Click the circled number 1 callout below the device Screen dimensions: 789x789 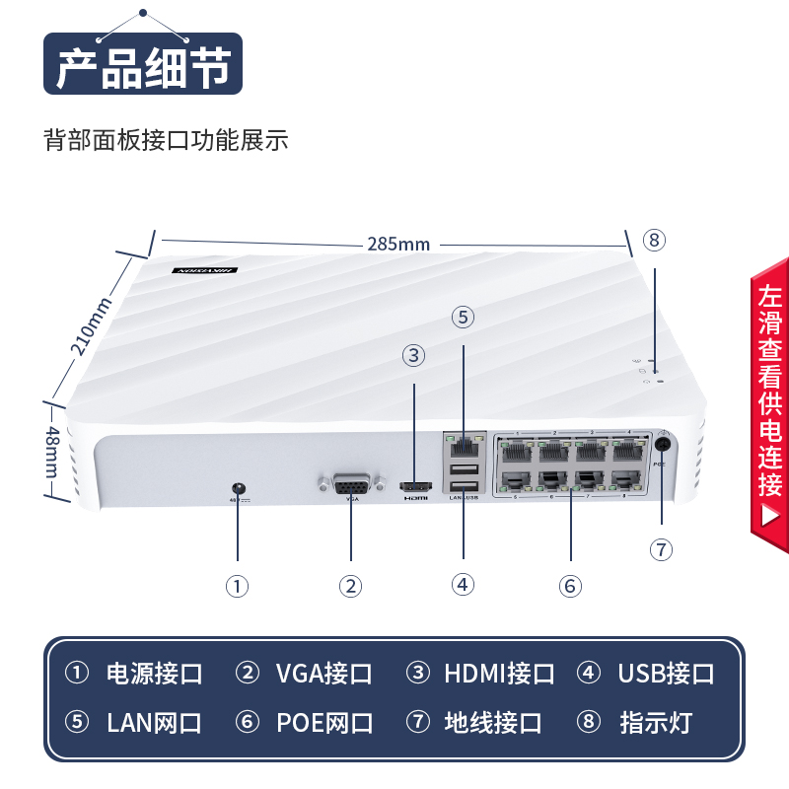[x=237, y=586]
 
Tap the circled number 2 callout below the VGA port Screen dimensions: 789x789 [x=351, y=586]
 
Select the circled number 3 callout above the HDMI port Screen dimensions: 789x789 [x=414, y=355]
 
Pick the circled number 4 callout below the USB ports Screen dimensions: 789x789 [x=464, y=584]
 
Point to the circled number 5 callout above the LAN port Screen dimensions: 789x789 [x=464, y=317]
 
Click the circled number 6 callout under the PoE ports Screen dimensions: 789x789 [x=569, y=585]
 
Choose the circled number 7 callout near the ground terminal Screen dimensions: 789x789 [x=662, y=549]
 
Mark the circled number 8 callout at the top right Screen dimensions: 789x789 [x=655, y=240]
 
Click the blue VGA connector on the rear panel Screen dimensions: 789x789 [x=350, y=485]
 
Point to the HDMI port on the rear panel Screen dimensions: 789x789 [x=415, y=487]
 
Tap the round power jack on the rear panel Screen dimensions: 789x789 [x=237, y=488]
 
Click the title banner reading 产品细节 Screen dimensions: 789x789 [x=143, y=68]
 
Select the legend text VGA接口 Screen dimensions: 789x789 [x=323, y=674]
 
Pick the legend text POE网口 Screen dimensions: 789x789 [x=323, y=723]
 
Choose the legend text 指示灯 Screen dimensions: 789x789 [x=656, y=723]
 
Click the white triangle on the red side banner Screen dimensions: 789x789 [x=770, y=515]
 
